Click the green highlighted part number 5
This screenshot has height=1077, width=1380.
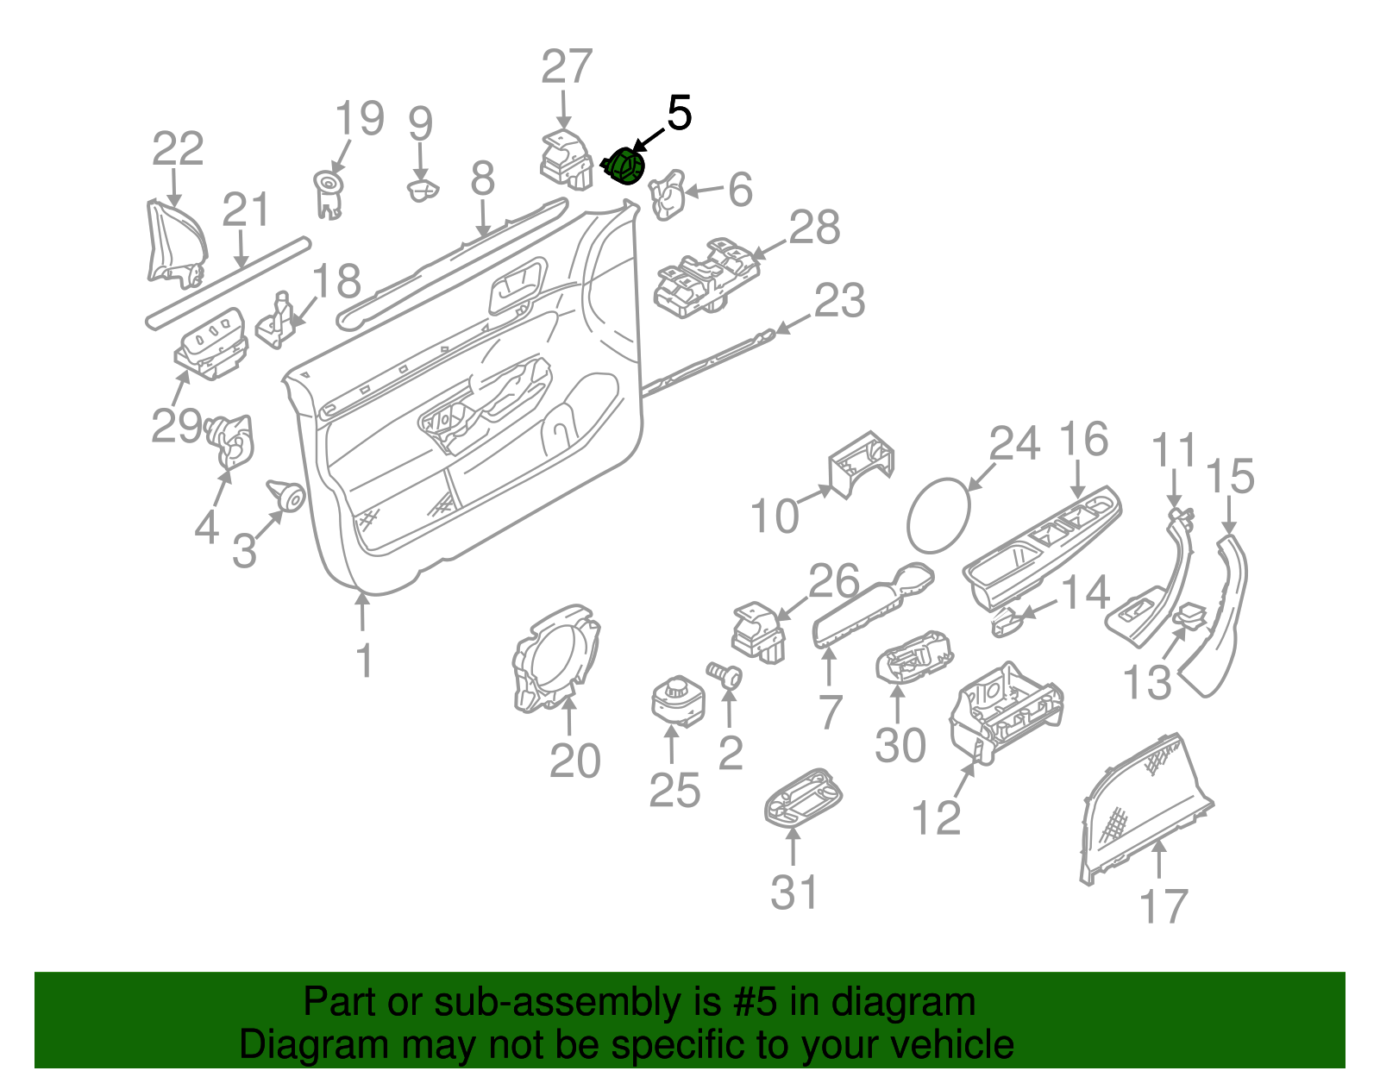625,166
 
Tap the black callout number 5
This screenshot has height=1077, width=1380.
680,114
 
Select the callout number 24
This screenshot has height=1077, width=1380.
1014,444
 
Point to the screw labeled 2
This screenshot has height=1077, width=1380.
725,673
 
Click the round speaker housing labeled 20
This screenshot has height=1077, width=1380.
552,660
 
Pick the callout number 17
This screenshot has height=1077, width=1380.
1164,906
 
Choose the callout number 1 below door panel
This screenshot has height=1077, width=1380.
365,661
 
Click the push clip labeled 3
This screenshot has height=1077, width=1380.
287,496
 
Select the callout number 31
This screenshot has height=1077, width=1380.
793,892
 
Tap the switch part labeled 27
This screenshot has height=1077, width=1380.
565,160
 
